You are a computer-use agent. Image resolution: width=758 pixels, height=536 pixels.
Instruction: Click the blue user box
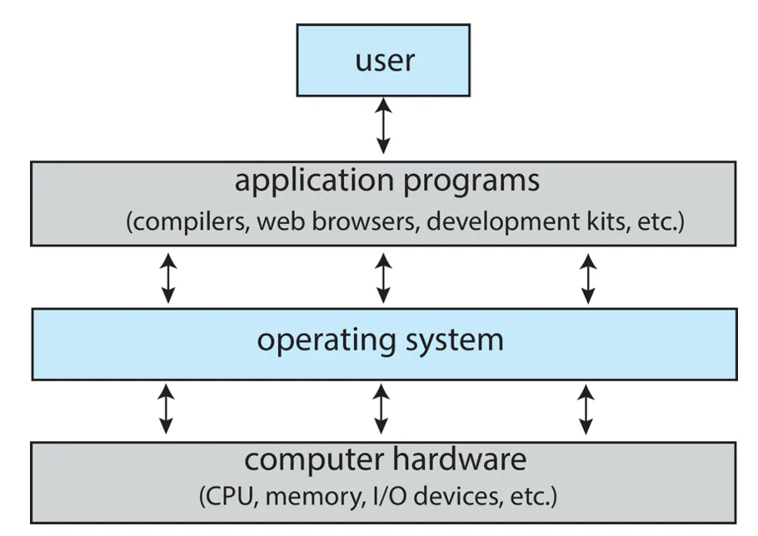tap(383, 60)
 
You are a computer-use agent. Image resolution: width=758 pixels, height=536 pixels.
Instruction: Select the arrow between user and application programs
tap(383, 125)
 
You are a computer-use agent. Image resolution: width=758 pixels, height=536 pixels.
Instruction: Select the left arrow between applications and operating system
tap(168, 278)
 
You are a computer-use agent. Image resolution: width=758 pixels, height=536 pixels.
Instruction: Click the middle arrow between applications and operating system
tap(383, 278)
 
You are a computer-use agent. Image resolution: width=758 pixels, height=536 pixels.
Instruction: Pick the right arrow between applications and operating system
tap(588, 278)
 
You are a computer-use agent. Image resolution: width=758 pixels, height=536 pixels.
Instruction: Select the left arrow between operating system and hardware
tap(167, 409)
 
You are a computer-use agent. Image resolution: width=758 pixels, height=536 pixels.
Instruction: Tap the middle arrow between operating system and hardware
tap(381, 409)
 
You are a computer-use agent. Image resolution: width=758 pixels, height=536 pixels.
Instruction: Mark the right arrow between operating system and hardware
tap(586, 409)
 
